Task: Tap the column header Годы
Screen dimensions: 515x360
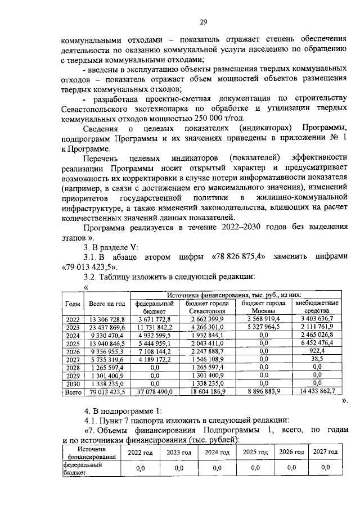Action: [72, 304]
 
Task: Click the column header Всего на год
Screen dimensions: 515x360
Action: [106, 304]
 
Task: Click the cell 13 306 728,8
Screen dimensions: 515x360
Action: [106, 319]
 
